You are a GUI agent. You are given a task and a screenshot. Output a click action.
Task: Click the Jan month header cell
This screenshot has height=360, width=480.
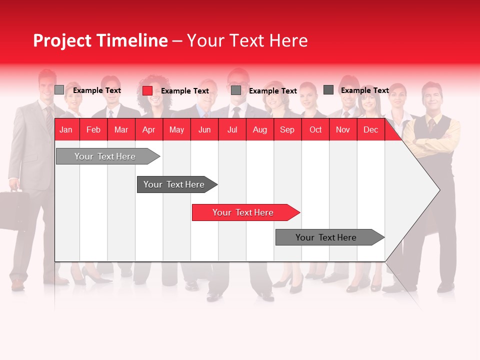click(66, 130)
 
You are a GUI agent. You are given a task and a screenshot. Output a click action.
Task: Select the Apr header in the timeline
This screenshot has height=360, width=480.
click(148, 130)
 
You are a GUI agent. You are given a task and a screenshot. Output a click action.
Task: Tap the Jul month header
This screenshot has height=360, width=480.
click(232, 130)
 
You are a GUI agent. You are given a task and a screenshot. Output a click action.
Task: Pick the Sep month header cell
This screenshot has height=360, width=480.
click(287, 130)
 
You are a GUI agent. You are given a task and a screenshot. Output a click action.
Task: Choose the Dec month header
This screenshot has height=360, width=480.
click(370, 130)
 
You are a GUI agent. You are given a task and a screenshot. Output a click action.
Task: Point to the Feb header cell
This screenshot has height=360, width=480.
click(93, 130)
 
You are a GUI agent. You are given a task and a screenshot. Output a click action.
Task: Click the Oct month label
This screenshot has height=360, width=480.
click(315, 130)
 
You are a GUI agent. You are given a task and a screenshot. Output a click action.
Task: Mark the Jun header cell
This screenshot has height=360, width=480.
click(204, 130)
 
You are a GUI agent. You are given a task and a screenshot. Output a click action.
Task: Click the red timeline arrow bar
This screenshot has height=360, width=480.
click(245, 212)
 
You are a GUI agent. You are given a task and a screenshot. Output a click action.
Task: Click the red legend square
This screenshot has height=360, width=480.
click(147, 90)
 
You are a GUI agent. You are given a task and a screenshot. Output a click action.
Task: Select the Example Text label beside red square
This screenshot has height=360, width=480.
click(184, 91)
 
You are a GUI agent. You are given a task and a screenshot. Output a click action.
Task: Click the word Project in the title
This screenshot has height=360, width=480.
click(62, 40)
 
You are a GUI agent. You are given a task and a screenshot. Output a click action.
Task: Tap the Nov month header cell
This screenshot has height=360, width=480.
click(343, 130)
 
